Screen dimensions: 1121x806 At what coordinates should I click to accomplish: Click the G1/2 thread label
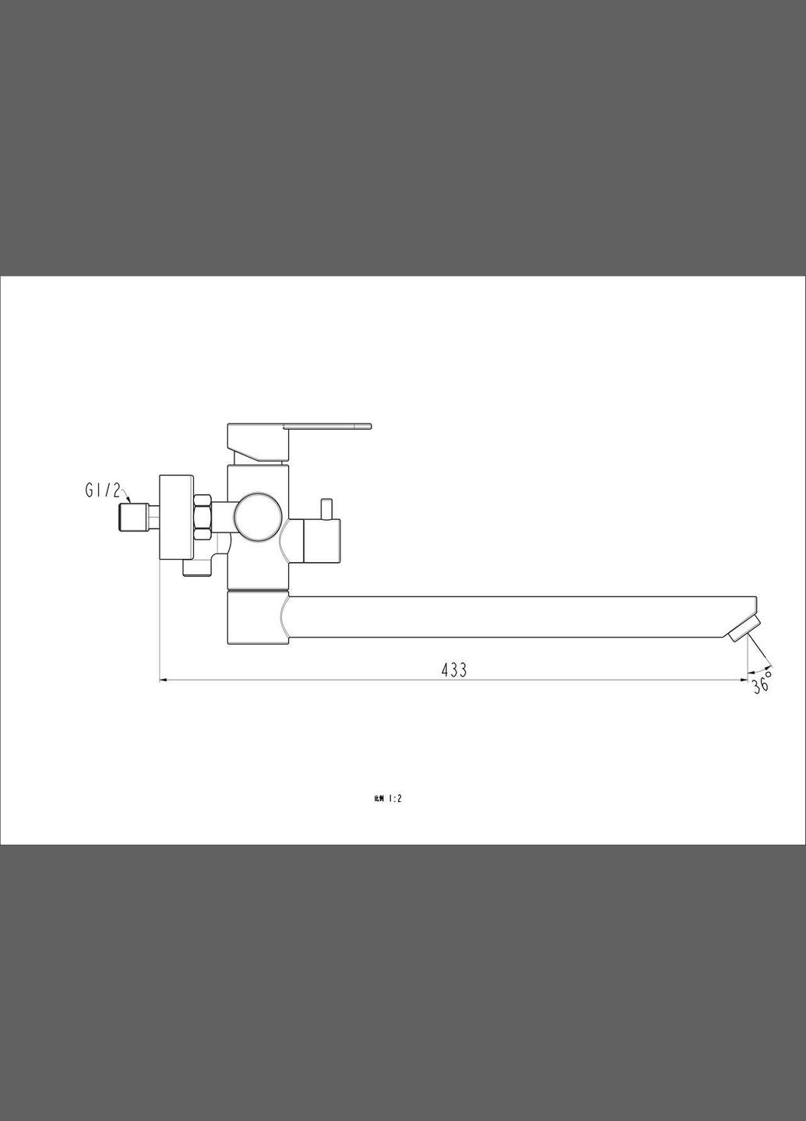click(x=103, y=490)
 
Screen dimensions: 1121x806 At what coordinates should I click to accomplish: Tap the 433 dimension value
click(x=454, y=669)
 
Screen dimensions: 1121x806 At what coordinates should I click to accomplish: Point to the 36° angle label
click(x=761, y=685)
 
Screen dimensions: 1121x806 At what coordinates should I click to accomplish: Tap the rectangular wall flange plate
click(x=176, y=516)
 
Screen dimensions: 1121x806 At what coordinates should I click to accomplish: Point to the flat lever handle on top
click(x=328, y=426)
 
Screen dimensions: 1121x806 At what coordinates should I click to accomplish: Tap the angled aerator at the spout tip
click(x=744, y=627)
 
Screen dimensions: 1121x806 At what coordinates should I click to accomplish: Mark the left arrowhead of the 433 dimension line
click(x=164, y=680)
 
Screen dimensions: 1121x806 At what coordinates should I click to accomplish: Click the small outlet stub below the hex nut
click(x=197, y=569)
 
